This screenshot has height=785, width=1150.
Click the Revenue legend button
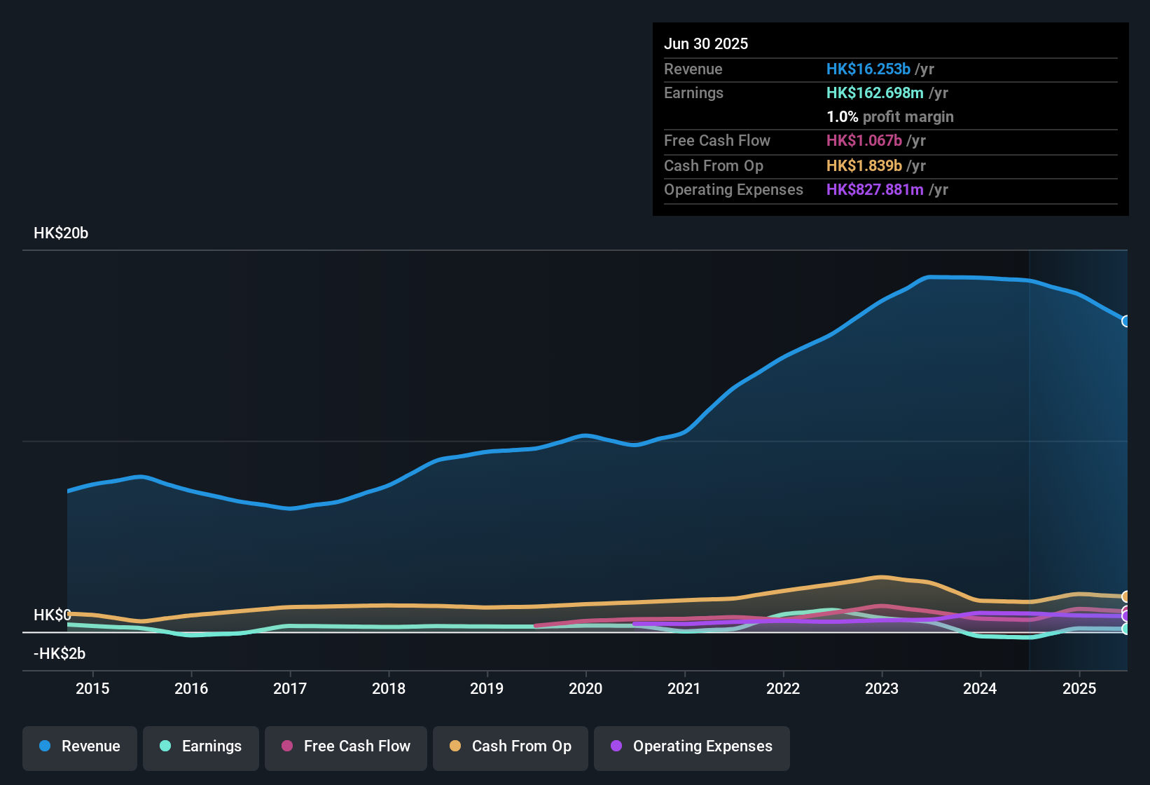point(80,746)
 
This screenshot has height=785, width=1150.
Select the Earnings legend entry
point(201,746)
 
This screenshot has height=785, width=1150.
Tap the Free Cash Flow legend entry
point(346,746)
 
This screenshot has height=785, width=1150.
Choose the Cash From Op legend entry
point(511,746)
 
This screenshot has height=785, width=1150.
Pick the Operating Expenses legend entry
point(692,746)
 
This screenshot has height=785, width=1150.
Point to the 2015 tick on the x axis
point(92,688)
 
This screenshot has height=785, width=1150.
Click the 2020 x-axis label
point(586,688)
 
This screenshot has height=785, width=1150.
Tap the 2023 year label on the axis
point(882,688)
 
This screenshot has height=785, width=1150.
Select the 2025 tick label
point(1079,688)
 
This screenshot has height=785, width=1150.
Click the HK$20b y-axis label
point(61,233)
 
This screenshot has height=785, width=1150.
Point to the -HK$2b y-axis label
point(60,654)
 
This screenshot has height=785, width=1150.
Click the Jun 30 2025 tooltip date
point(706,43)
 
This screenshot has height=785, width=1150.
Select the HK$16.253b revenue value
point(868,69)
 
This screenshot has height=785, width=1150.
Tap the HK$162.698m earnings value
point(875,93)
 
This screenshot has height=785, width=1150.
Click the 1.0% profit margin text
point(890,117)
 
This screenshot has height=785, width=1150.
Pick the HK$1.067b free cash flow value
point(864,141)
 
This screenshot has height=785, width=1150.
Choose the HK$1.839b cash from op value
point(864,165)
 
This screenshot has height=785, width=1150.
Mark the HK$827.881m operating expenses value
point(875,190)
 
